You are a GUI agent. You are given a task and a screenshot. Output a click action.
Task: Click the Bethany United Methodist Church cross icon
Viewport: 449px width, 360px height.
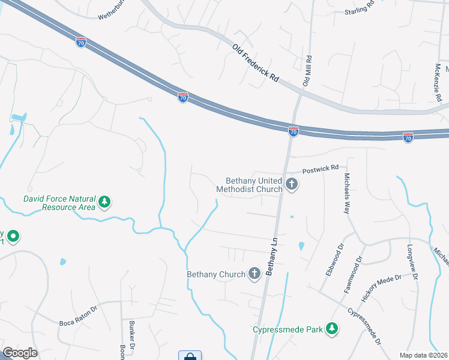(x=292, y=184)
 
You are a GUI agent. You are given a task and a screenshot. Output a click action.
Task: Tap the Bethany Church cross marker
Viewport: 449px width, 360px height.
(x=255, y=274)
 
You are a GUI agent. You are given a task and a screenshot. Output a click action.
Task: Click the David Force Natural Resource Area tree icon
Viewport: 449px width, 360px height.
(x=105, y=202)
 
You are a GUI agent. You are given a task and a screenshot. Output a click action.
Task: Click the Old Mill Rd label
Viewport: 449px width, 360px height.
(x=307, y=71)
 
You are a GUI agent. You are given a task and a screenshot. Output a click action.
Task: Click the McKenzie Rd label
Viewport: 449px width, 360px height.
(x=439, y=82)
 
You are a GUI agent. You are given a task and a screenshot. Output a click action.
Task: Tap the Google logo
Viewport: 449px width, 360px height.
(x=19, y=353)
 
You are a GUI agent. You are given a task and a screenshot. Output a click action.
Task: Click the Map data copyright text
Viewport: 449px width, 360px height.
(x=424, y=355)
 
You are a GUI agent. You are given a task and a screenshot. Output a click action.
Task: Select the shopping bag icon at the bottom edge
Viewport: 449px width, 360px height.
(x=190, y=356)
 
